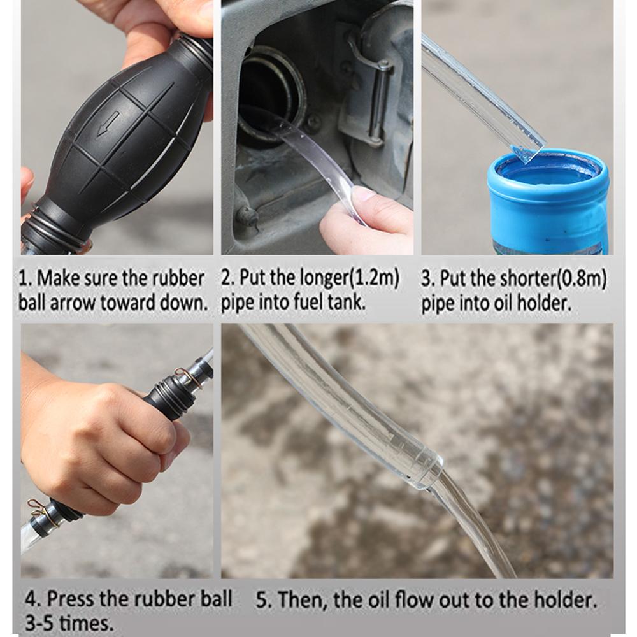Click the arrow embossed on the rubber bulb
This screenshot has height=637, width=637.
coord(108,124)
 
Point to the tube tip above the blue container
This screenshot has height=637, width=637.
coord(527,152)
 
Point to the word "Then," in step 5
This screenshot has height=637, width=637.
coord(299,599)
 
